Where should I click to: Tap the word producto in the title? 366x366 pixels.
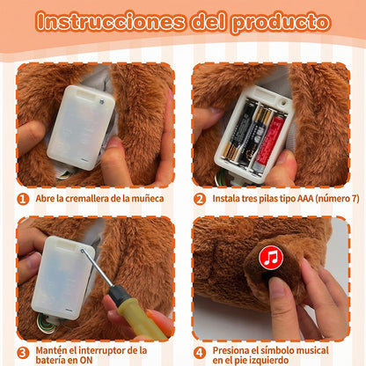click(281, 21)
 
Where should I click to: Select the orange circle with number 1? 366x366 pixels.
click(23, 199)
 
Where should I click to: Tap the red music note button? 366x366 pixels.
click(270, 259)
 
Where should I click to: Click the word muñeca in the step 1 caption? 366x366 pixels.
click(147, 199)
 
